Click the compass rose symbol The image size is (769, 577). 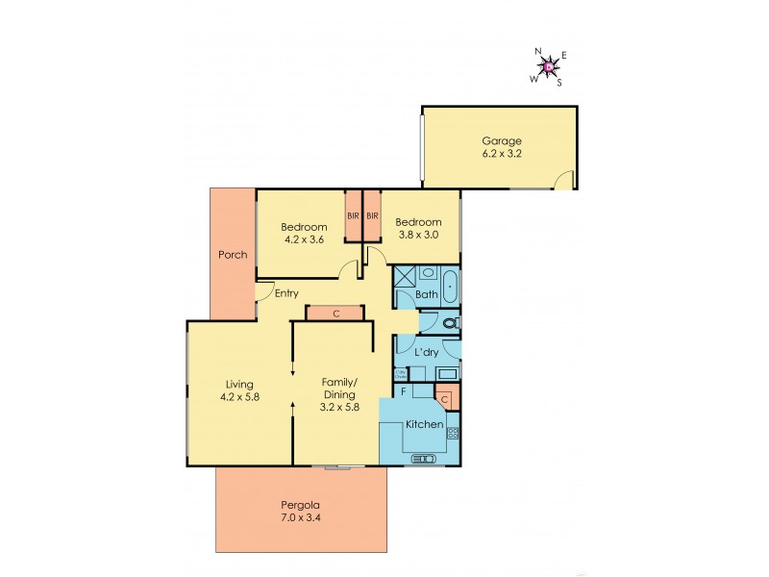click(x=548, y=66)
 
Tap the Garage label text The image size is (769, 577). click(x=501, y=140)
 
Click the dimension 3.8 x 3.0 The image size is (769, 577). click(x=418, y=233)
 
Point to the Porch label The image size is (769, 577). click(x=232, y=255)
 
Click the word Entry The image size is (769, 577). click(x=285, y=293)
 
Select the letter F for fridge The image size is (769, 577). click(x=402, y=392)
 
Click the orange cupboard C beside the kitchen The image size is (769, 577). click(x=444, y=397)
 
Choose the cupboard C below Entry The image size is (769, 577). click(x=335, y=313)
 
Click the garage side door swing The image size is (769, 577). click(x=566, y=179)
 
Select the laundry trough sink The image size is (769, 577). click(x=447, y=373)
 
